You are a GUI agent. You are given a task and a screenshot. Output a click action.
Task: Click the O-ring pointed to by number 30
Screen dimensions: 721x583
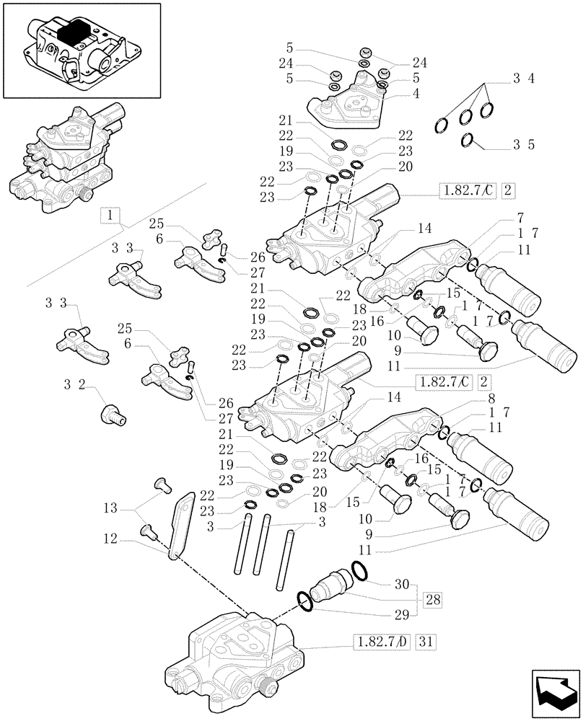(360, 571)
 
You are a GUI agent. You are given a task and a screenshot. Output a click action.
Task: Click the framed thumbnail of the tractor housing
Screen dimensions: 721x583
(81, 50)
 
